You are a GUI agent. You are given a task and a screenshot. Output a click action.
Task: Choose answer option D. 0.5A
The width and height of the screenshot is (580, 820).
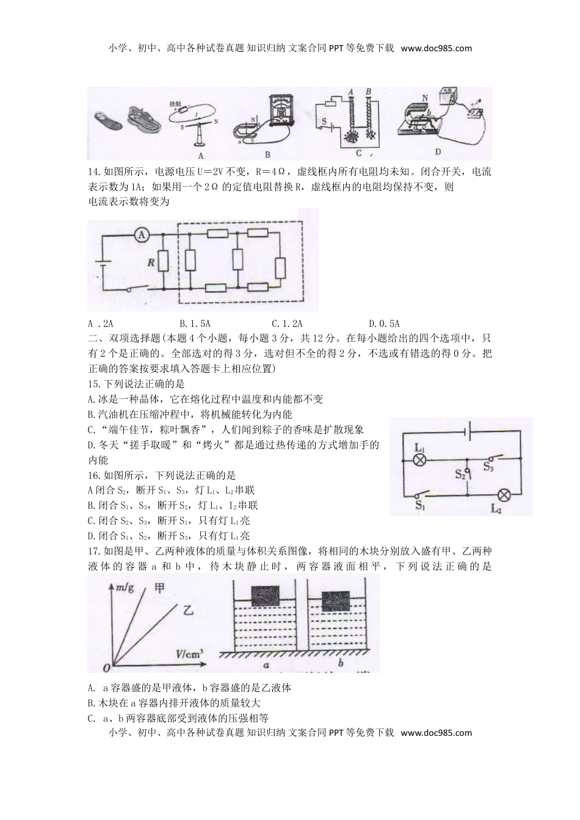pos(384,323)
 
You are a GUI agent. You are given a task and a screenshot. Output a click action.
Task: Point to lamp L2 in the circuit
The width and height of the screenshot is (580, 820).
pos(505,494)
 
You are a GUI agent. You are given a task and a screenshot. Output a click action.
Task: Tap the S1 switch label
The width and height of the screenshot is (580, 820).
pos(420,505)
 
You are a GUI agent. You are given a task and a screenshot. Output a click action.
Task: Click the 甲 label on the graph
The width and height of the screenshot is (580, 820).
pos(159,588)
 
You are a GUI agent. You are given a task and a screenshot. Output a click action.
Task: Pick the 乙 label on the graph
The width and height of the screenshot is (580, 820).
pos(189,608)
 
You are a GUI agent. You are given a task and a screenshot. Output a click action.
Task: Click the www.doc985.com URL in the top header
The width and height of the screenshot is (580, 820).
pos(437,48)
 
